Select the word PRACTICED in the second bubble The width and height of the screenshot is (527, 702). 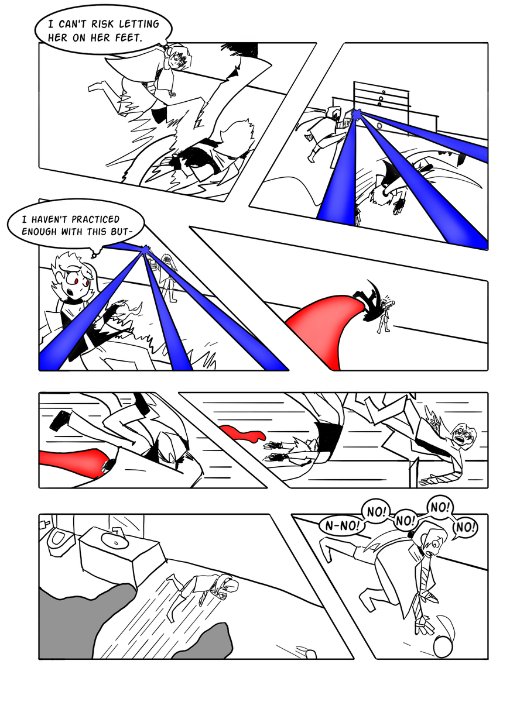click(x=95, y=219)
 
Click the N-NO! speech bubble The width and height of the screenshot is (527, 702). click(x=342, y=526)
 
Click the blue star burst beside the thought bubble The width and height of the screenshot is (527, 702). click(x=146, y=249)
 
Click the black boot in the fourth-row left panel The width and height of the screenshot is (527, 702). click(x=61, y=419)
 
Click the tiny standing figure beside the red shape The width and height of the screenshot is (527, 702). click(x=385, y=315)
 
